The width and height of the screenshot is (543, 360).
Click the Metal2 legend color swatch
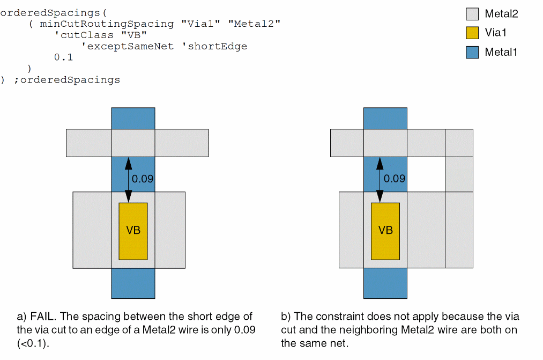472,14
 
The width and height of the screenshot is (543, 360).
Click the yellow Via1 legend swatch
472,33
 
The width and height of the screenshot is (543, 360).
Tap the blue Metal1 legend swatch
472,52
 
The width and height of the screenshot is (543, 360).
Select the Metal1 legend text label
501,52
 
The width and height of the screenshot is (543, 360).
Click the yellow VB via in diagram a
133,231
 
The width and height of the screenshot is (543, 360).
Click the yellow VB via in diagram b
385,231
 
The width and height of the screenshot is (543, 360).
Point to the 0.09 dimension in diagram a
143,179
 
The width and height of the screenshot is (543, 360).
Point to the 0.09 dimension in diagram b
395,179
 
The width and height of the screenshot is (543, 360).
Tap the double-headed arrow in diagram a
128,179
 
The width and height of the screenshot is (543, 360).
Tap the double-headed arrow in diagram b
380,179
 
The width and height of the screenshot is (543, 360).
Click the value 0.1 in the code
63,57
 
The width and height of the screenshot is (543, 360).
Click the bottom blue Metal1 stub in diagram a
133,283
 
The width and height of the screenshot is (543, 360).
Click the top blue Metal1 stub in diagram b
385,118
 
